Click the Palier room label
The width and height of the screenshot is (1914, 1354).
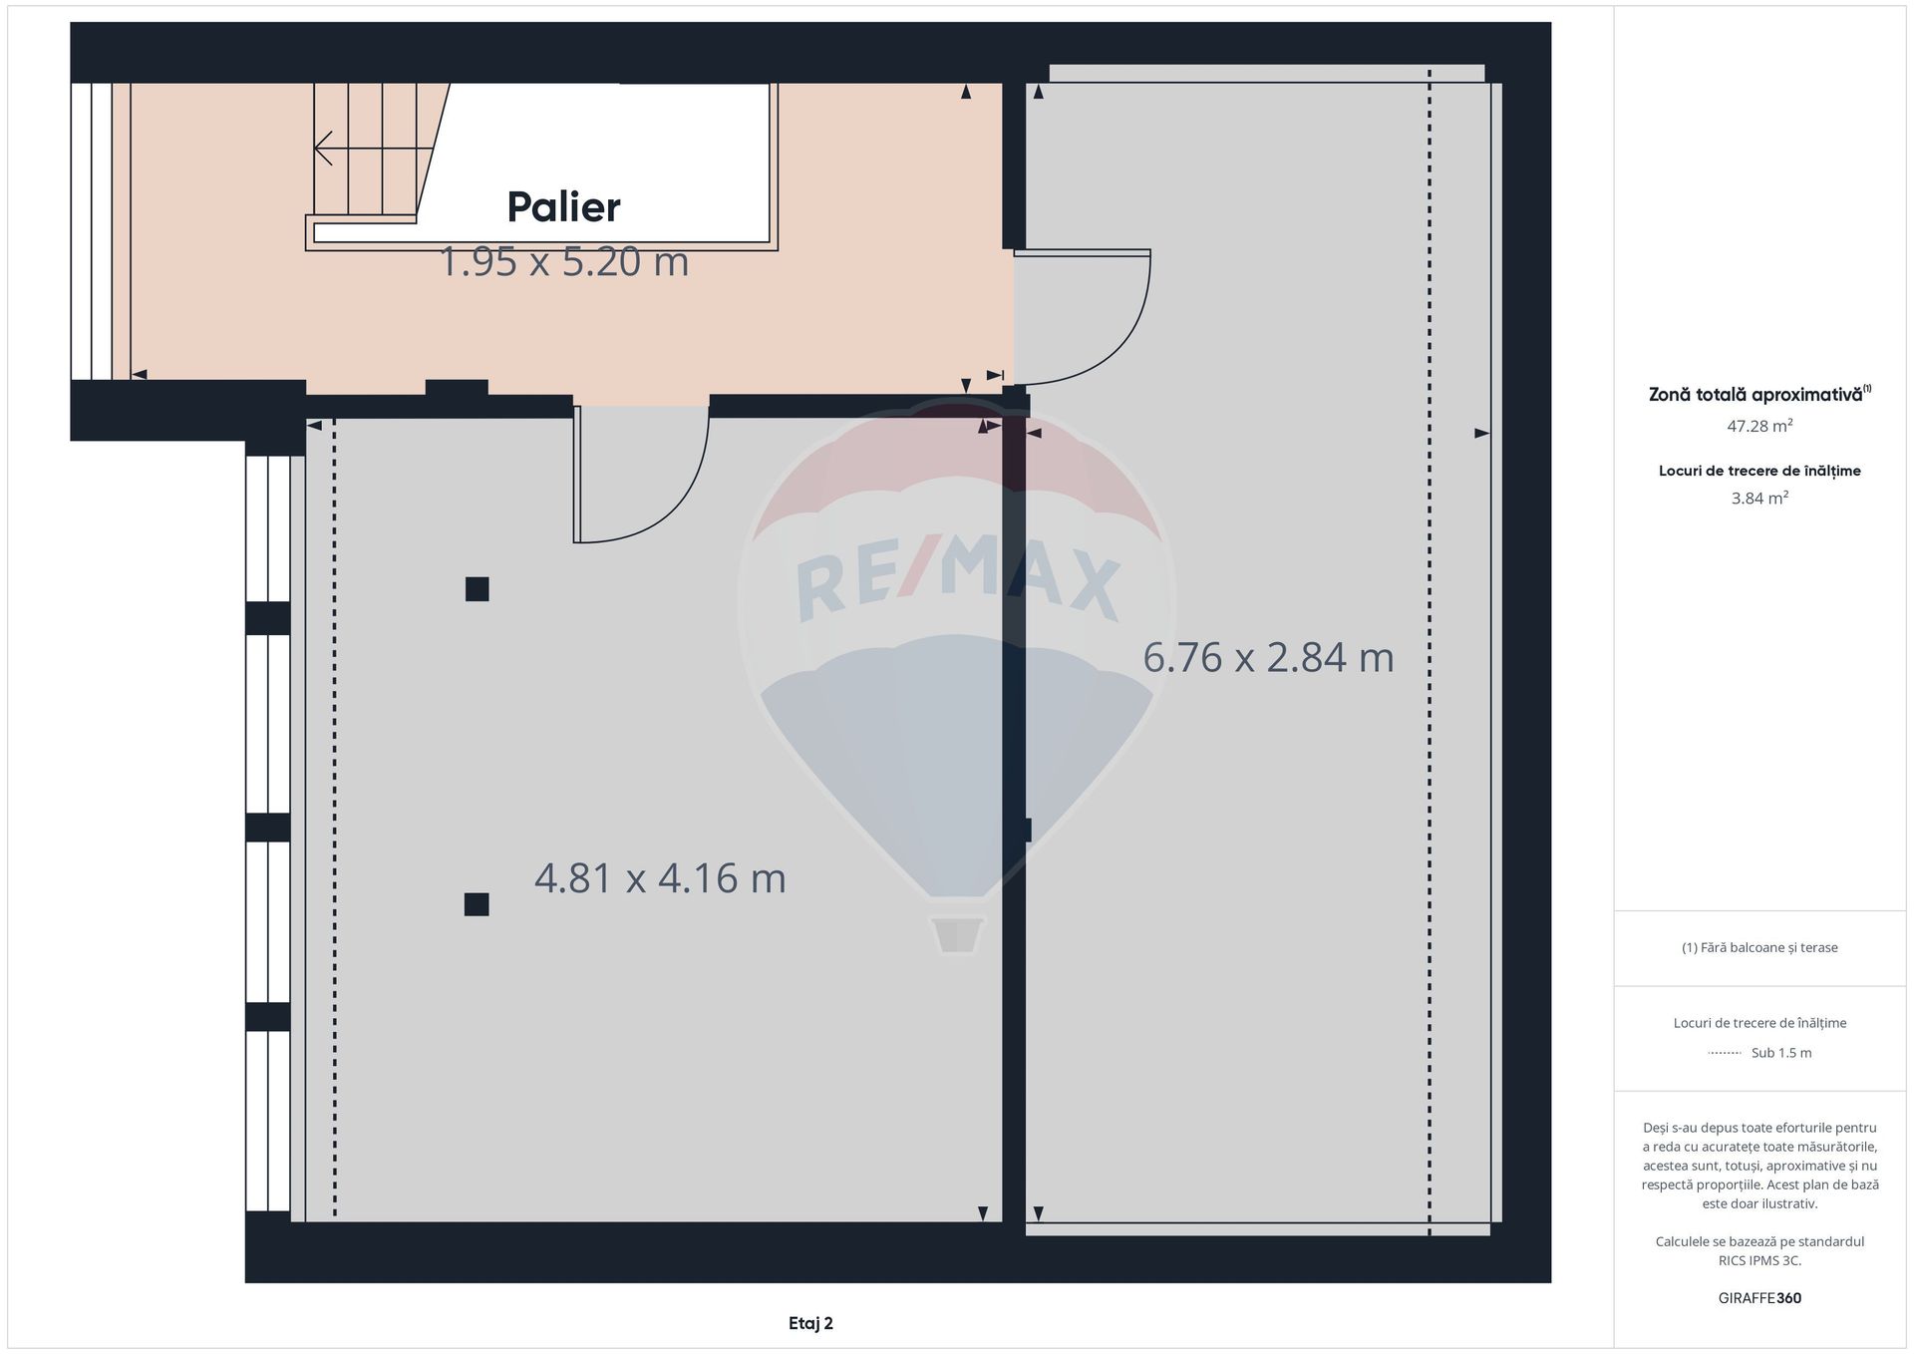click(563, 207)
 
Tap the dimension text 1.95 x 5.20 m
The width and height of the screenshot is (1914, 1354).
click(564, 262)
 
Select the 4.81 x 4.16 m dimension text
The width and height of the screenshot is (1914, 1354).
click(660, 878)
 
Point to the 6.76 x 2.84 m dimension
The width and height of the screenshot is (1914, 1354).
click(1268, 657)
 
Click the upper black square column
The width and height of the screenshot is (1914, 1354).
click(478, 589)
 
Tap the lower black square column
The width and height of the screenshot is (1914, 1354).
click(477, 904)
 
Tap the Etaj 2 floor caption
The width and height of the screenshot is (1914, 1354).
click(810, 1323)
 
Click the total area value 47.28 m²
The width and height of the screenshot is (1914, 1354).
click(1759, 426)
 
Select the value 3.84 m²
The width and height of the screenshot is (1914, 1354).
click(1759, 498)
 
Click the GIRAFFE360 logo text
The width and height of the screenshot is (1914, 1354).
click(1759, 1298)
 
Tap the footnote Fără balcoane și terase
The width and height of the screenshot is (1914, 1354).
click(1759, 947)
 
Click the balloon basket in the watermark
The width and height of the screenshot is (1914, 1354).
click(957, 934)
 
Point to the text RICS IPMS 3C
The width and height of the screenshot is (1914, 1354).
click(1759, 1260)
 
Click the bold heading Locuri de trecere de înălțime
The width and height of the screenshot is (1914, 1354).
click(1759, 471)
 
